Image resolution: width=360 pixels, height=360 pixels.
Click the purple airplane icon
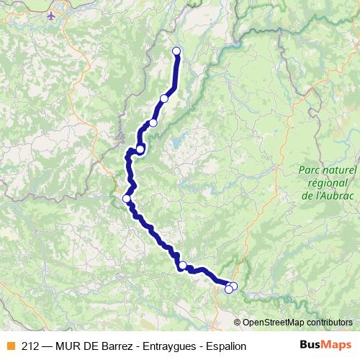[x=51, y=15]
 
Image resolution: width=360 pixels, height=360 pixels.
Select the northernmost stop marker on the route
[x=176, y=50]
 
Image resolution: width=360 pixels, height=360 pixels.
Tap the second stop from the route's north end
[x=164, y=99]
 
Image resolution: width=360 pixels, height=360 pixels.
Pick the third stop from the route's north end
[x=153, y=123]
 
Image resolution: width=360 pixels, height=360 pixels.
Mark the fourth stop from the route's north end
[x=140, y=149]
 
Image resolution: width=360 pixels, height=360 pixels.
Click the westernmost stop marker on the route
[x=127, y=199]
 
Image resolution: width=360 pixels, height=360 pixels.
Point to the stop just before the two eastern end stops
[x=183, y=266]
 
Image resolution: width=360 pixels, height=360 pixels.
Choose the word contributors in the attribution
[x=330, y=323]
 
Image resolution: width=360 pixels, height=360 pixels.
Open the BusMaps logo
[x=326, y=345]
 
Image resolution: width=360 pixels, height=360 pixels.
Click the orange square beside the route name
[x=9, y=346]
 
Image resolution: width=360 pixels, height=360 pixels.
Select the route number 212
[x=31, y=346]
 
